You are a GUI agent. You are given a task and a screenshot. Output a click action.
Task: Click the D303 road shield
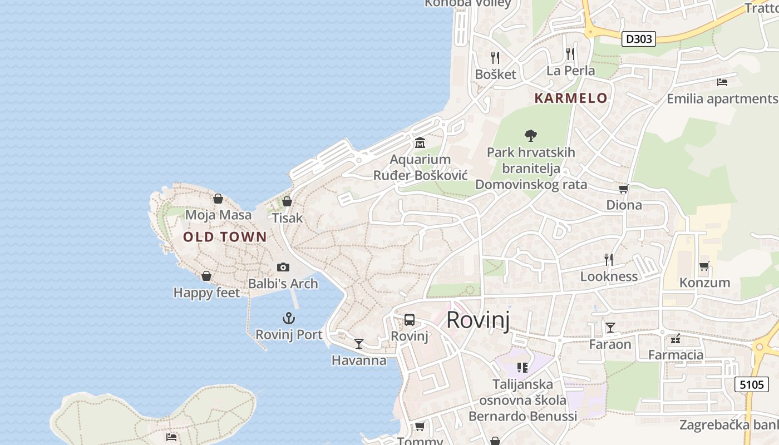click(x=639, y=39)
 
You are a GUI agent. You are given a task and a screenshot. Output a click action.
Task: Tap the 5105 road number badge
click(x=752, y=384)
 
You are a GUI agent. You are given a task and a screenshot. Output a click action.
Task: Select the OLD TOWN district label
click(x=225, y=237)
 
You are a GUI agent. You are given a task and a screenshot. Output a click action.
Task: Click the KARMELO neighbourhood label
click(x=571, y=98)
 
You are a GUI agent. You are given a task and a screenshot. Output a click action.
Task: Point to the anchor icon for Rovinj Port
click(x=288, y=318)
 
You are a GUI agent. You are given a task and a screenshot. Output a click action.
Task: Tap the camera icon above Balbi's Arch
click(x=283, y=268)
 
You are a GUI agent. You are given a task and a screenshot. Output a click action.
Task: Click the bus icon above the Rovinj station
click(x=410, y=320)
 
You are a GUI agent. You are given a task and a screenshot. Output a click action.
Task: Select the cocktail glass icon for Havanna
click(x=359, y=344)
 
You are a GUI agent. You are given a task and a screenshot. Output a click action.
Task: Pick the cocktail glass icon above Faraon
click(x=610, y=328)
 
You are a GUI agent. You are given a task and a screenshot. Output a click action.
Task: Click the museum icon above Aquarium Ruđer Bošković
click(x=420, y=144)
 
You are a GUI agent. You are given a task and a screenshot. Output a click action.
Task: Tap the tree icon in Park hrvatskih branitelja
click(x=531, y=135)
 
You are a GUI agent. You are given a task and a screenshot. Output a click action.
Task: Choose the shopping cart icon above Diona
click(x=624, y=189)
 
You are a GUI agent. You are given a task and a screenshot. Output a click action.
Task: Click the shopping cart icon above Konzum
click(x=704, y=266)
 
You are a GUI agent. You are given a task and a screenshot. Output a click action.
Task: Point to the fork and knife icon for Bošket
click(x=495, y=57)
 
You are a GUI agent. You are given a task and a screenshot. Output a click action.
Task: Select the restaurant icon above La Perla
click(x=570, y=54)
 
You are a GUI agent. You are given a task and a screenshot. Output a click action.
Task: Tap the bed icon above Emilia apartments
click(x=722, y=82)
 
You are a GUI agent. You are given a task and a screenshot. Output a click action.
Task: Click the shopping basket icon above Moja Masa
click(x=218, y=199)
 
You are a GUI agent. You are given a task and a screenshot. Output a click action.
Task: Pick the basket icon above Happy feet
click(x=206, y=276)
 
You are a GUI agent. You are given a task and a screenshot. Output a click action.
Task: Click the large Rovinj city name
click(x=478, y=320)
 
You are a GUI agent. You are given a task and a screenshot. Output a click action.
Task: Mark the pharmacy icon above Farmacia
click(x=676, y=339)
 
